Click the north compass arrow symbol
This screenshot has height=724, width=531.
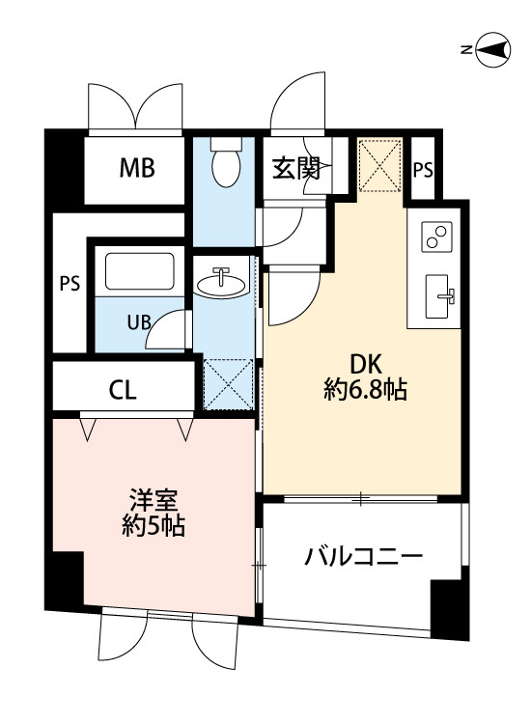coord(495,50)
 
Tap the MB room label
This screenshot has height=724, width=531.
coord(137,169)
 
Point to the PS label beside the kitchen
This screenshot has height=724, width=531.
coord(423,170)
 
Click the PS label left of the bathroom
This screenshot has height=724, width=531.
coord(69,284)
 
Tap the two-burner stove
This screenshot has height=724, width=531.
coord(437,237)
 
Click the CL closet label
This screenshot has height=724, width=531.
coord(123,391)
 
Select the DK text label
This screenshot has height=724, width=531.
coord(365,366)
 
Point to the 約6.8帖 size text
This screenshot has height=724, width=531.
coord(365,390)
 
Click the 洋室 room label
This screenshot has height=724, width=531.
coord(154,502)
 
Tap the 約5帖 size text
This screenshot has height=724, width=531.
coord(154,527)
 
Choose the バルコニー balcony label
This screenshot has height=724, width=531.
coord(364,557)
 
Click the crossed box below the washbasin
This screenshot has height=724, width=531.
coord(229,384)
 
